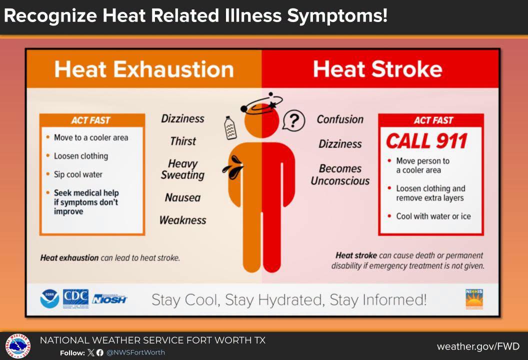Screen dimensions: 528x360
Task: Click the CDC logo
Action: (76, 298)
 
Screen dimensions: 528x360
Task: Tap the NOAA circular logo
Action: (49, 298)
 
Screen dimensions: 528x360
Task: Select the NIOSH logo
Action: (109, 298)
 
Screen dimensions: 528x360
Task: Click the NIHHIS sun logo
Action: (474, 298)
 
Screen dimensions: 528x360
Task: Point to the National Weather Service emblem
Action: (18, 346)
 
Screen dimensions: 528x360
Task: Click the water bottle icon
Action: (230, 127)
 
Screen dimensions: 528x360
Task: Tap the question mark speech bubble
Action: (293, 120)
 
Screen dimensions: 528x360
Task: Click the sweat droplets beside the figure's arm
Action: (233, 167)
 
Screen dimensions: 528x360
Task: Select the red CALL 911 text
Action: (426, 141)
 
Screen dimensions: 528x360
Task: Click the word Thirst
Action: (183, 141)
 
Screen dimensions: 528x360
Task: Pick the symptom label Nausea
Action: (183, 197)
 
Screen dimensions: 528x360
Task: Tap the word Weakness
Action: (183, 220)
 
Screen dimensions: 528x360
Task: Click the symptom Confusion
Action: (340, 119)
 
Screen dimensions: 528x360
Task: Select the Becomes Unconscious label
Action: (340, 174)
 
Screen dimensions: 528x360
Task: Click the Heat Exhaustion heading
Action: (144, 69)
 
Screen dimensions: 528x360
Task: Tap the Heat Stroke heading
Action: (378, 69)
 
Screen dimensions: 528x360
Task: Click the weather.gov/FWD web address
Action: (478, 346)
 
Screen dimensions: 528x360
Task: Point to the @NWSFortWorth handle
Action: (135, 352)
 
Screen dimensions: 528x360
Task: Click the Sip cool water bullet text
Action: (78, 174)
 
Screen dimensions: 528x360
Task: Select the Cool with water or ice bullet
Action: (433, 216)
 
